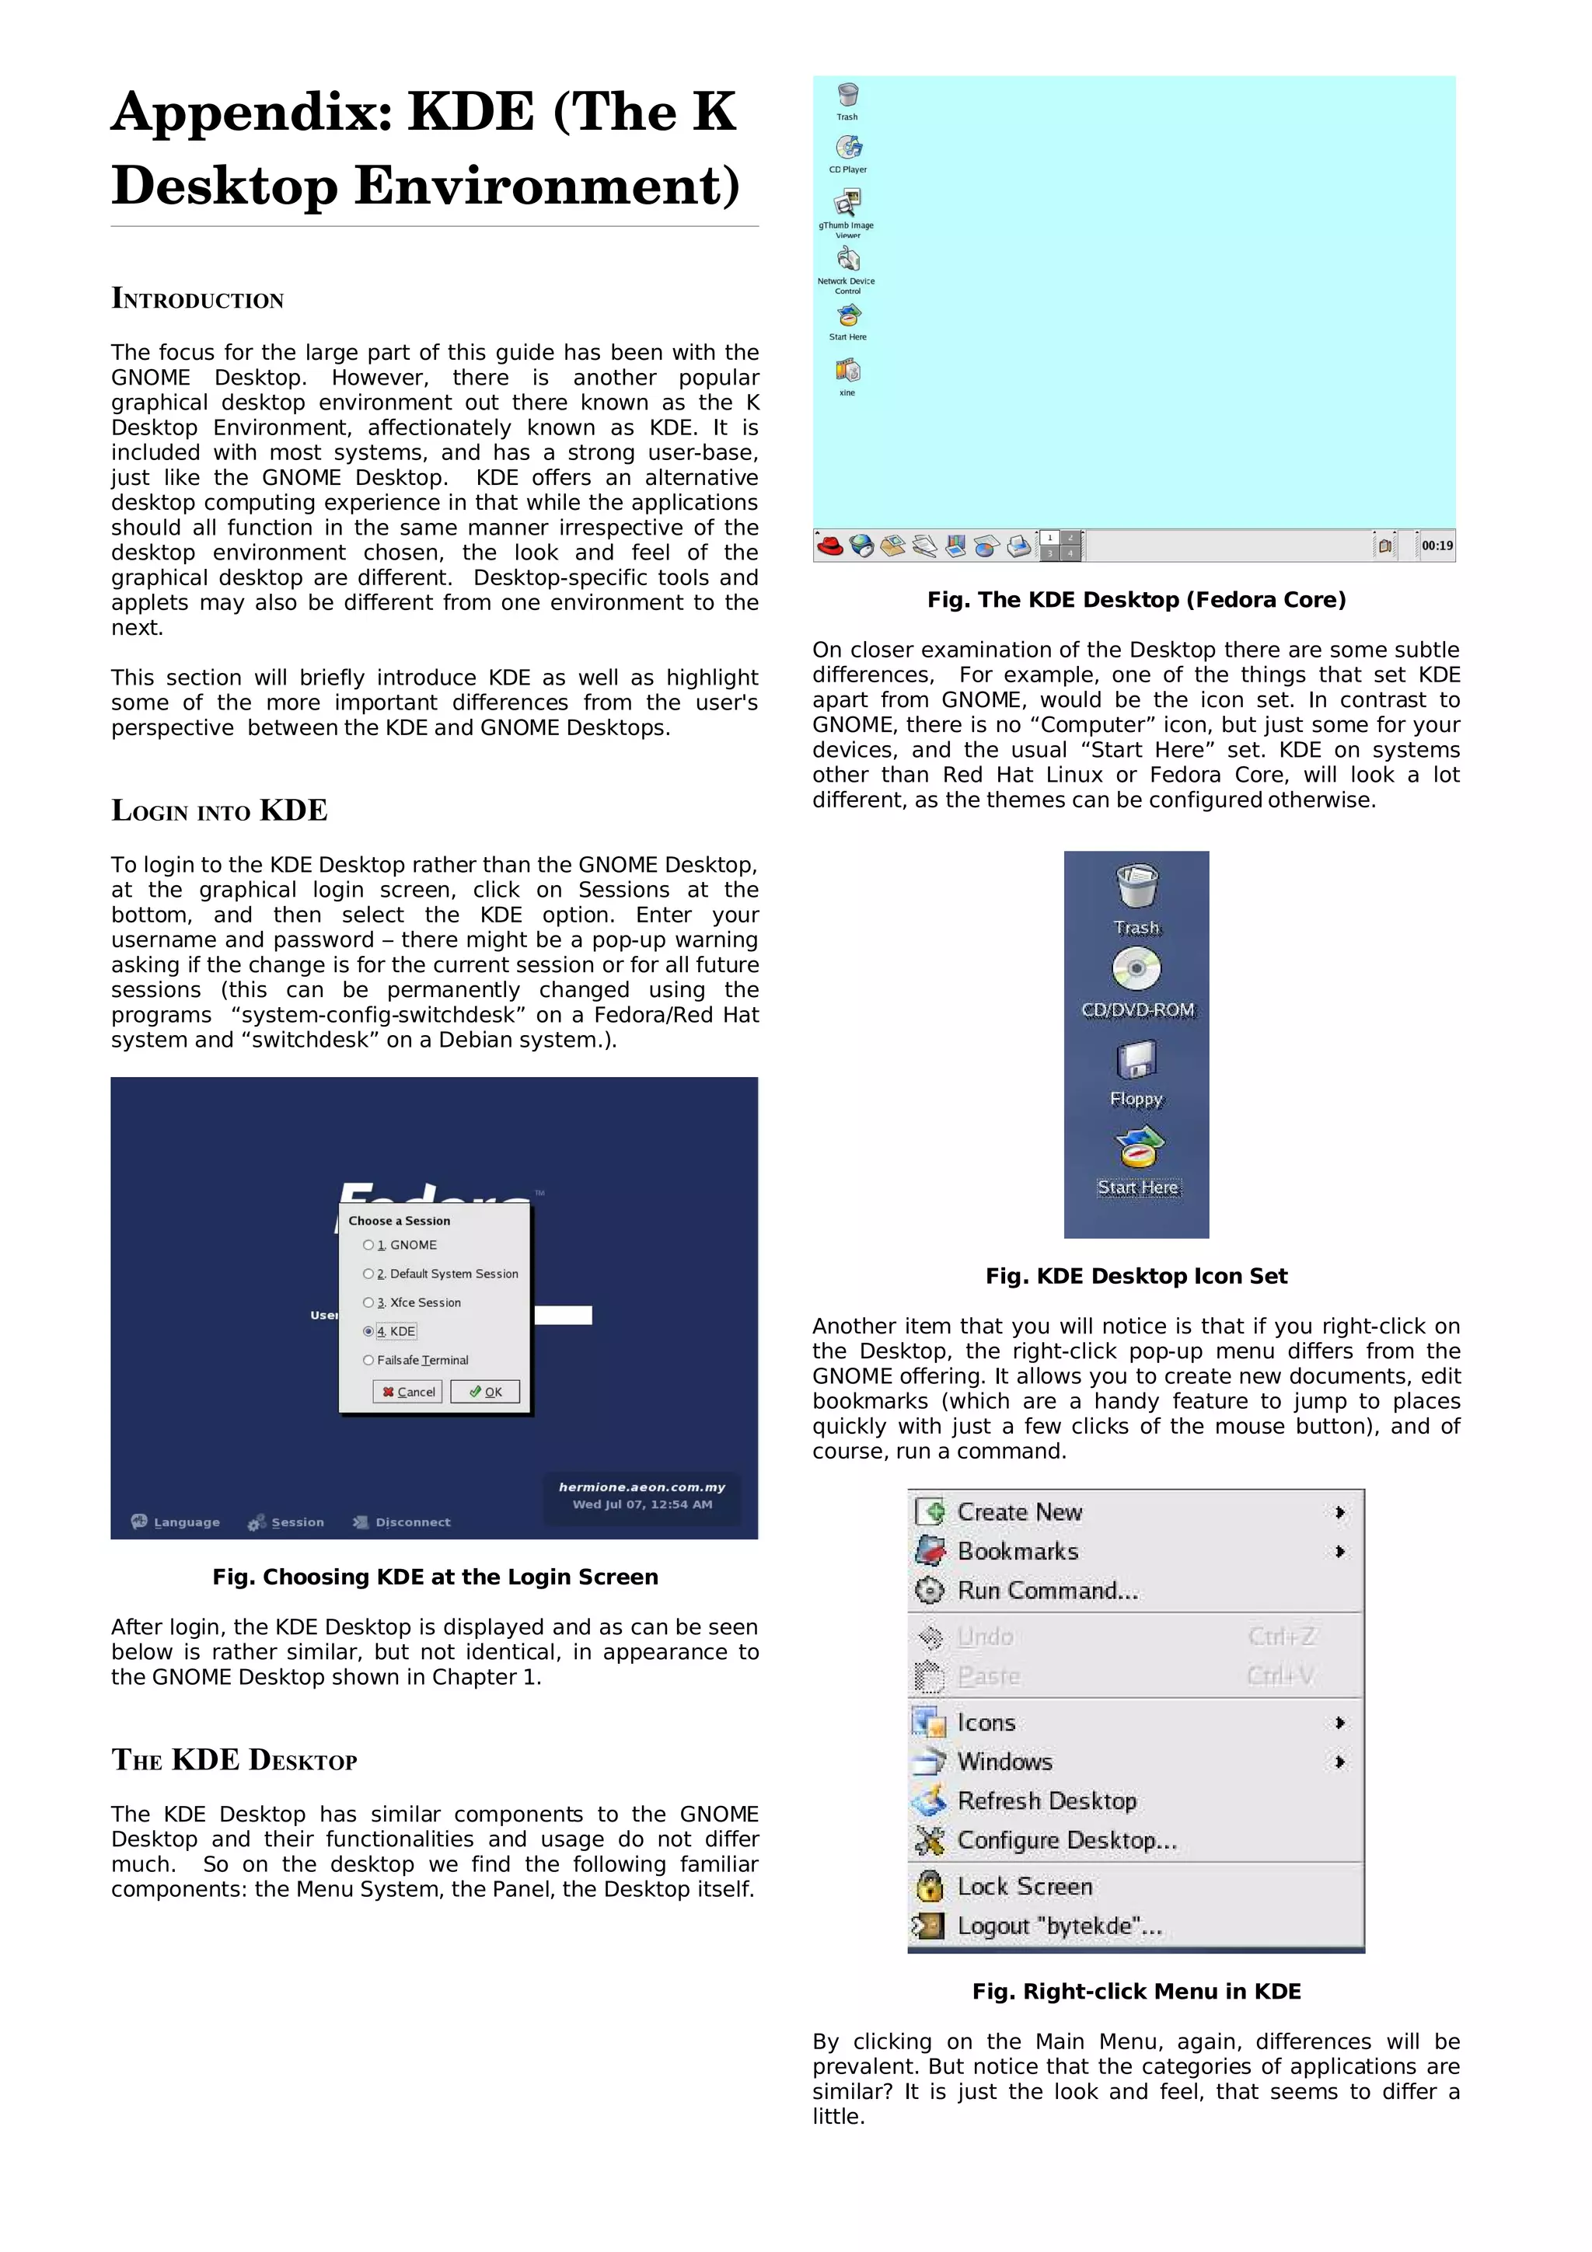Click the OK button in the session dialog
484,1391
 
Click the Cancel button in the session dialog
408,1391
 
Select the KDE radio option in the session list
368,1331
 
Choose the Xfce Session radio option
368,1302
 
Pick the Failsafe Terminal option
368,1361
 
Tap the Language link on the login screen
176,1522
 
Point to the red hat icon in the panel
830,546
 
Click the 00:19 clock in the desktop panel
1437,546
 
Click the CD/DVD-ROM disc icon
1136,970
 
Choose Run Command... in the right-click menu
1046,1591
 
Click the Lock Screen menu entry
1024,1886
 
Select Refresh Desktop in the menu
1046,1801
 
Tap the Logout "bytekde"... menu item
1059,1926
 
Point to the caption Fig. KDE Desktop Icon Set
1136,1275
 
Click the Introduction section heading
197,298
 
